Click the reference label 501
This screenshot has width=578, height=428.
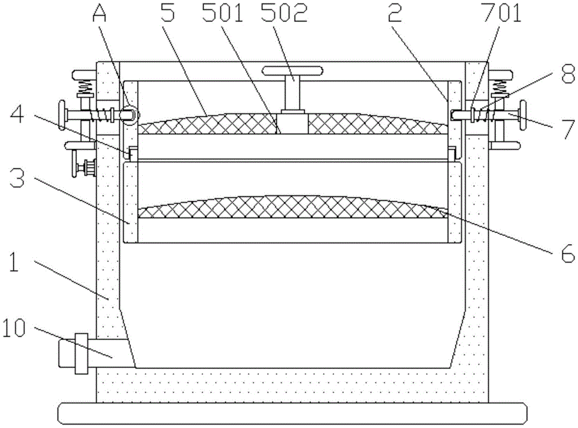[223, 12]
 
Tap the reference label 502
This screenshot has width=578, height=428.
[284, 12]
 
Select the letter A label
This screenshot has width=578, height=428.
[99, 13]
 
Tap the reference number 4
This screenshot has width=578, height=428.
[17, 115]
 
